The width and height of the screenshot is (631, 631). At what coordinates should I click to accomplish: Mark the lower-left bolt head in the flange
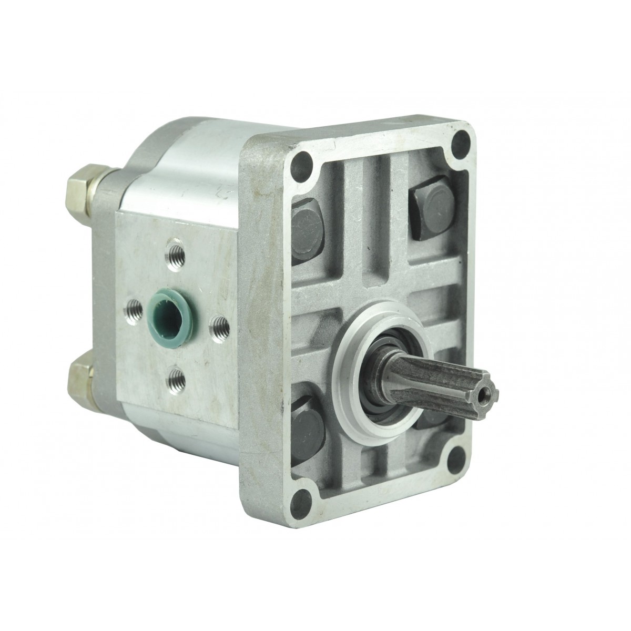click(307, 420)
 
